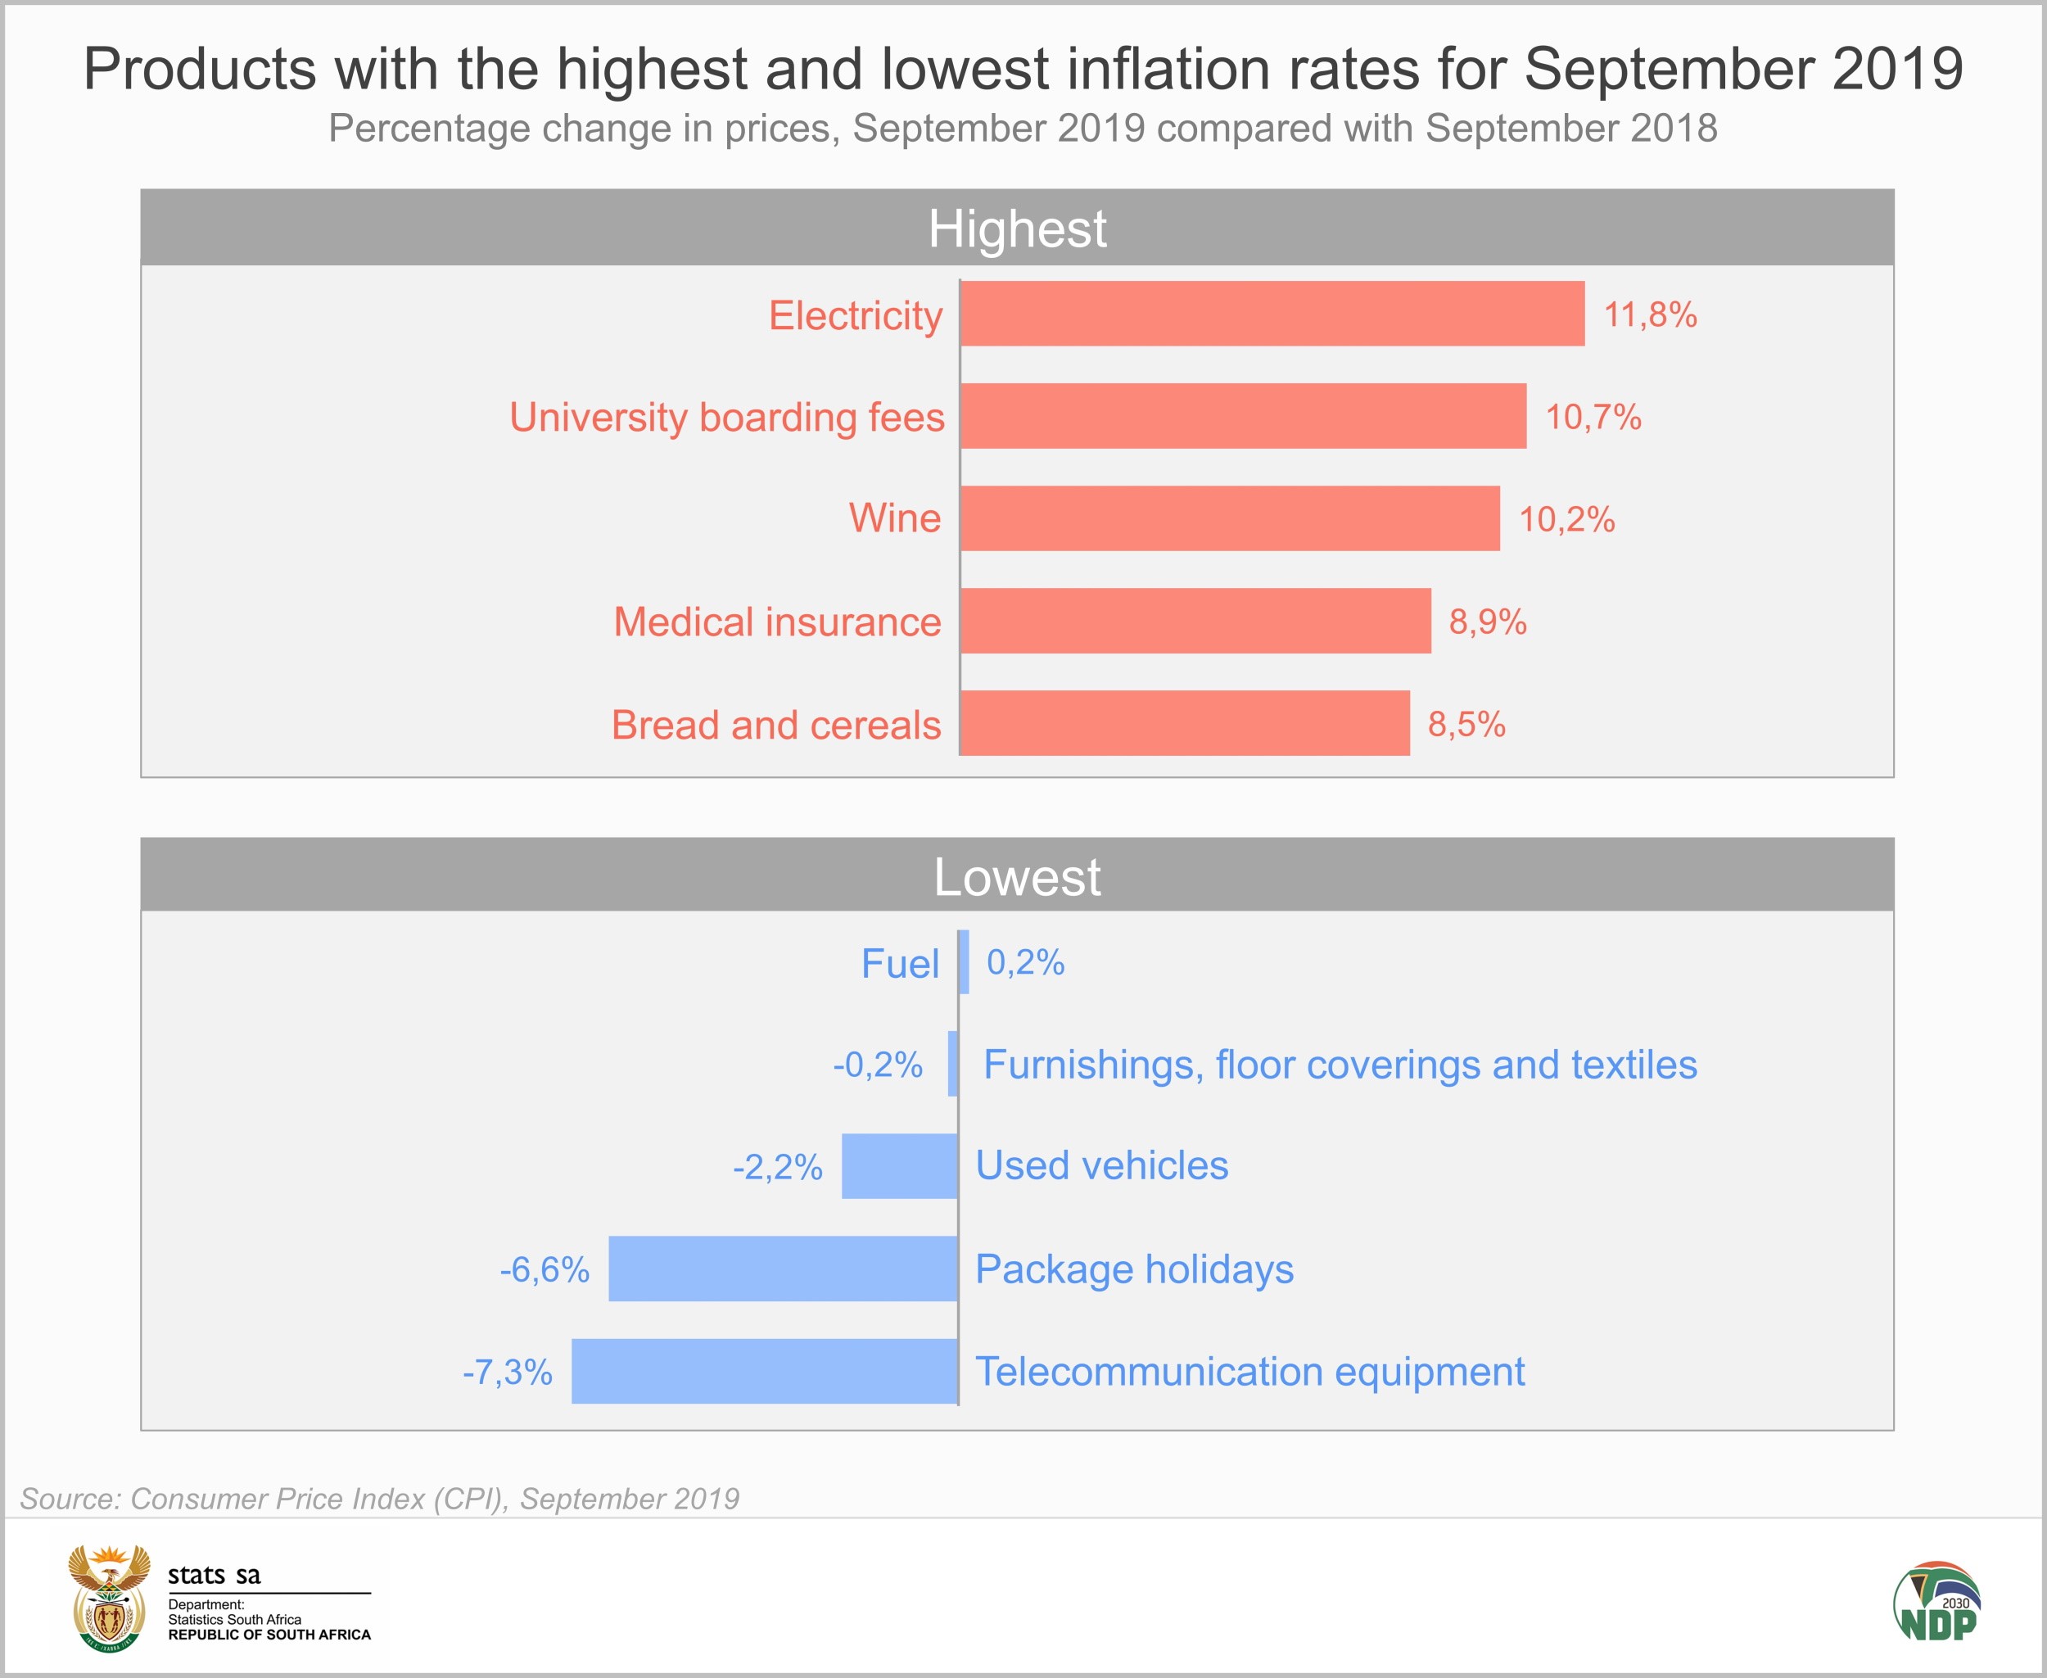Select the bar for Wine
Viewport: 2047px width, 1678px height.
click(1229, 518)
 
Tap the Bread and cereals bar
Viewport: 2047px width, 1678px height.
click(1185, 723)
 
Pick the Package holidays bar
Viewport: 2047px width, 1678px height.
click(783, 1269)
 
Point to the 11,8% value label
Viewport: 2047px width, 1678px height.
click(1650, 315)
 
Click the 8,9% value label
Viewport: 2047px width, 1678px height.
click(1488, 622)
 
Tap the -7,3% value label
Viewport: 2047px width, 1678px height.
click(508, 1372)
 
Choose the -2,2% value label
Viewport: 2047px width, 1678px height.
click(778, 1167)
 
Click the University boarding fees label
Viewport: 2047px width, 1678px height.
click(727, 418)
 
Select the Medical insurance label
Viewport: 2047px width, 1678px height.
click(777, 622)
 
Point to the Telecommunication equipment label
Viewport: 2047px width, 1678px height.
click(1249, 1372)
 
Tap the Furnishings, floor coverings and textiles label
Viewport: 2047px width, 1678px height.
click(1340, 1065)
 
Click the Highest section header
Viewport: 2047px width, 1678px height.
click(1017, 228)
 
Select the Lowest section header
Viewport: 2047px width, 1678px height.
click(1017, 877)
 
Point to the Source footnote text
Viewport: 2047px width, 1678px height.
click(380, 1498)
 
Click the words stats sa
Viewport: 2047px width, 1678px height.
click(214, 1576)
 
